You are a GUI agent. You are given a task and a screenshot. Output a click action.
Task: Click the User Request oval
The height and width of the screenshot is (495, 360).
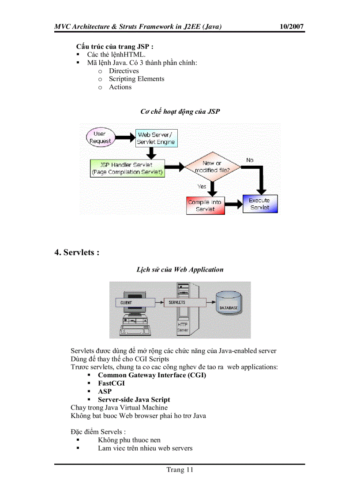click(100, 137)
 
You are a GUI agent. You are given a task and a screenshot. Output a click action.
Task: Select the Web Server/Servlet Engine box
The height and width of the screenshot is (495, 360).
click(156, 138)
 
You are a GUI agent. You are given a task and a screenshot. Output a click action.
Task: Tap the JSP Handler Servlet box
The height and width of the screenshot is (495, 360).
click(127, 168)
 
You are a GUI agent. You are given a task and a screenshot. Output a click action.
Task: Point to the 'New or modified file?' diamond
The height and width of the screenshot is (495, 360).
click(212, 167)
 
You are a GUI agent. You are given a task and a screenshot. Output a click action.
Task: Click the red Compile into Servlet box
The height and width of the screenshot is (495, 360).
click(205, 205)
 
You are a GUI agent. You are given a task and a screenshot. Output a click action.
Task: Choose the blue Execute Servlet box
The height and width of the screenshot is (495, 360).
click(260, 204)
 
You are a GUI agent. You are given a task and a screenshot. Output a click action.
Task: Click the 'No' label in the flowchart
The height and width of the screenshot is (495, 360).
click(250, 160)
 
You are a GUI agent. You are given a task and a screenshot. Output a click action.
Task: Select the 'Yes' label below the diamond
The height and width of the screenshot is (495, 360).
click(202, 186)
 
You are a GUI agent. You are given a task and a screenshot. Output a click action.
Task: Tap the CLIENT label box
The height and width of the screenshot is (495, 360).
click(127, 303)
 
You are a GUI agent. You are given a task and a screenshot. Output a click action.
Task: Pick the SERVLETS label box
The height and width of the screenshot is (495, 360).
click(177, 302)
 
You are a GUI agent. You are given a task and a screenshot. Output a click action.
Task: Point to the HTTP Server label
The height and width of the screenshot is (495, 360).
click(183, 328)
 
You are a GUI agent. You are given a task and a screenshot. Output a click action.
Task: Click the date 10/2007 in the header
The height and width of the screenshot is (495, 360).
click(292, 26)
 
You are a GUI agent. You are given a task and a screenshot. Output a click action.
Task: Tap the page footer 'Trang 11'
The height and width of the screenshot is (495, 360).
click(180, 469)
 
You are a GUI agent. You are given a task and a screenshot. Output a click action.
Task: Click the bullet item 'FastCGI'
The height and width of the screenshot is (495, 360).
click(111, 383)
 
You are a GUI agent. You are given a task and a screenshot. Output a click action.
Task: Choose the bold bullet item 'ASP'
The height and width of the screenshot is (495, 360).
click(105, 391)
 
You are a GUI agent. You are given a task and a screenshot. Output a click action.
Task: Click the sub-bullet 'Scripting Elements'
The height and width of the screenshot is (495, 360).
click(136, 79)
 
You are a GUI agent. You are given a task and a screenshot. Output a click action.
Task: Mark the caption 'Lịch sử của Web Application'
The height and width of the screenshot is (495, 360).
click(180, 269)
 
